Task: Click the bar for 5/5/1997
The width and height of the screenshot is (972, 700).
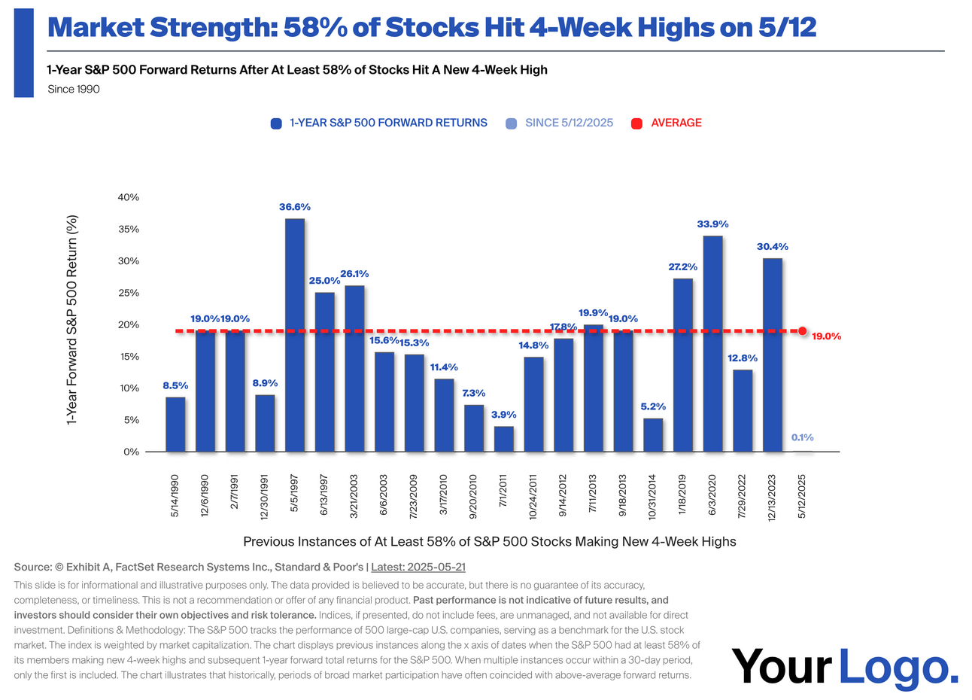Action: [295, 335]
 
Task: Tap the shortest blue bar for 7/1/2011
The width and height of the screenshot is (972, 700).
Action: [504, 439]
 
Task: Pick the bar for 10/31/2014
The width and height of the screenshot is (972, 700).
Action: [653, 435]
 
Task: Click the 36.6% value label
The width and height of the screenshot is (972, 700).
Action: [295, 207]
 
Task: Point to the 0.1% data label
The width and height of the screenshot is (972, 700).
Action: [802, 437]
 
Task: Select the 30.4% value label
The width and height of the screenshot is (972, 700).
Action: [773, 246]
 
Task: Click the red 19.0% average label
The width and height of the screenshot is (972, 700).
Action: [826, 336]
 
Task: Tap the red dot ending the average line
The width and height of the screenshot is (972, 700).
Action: [803, 331]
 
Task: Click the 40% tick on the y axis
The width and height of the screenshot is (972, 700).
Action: [129, 197]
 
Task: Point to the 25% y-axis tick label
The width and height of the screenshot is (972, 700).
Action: [129, 293]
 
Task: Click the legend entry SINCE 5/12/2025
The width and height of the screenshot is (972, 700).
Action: [569, 123]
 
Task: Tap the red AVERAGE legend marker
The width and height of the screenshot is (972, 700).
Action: [636, 123]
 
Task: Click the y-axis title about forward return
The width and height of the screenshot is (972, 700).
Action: [73, 320]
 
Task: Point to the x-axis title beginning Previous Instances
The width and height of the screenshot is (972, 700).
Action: [490, 542]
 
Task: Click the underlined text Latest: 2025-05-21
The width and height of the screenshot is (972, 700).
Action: [429, 567]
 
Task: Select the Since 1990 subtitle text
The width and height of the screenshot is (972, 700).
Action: [73, 89]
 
